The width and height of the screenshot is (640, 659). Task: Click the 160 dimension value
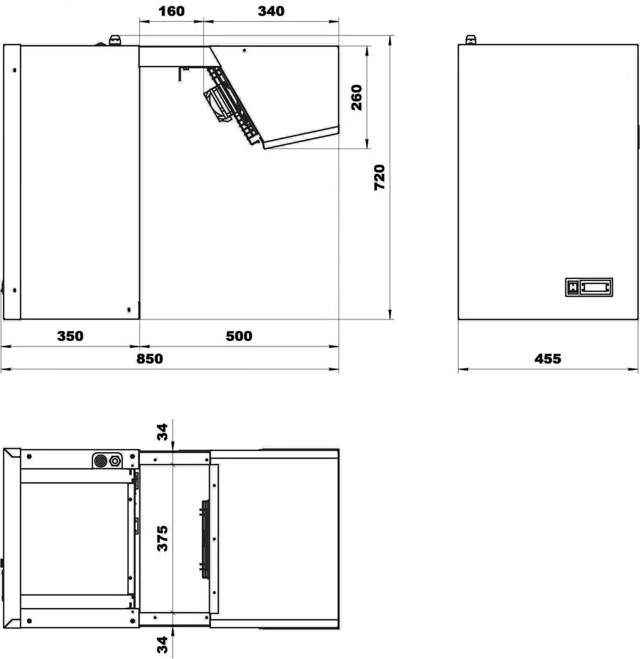coord(171,11)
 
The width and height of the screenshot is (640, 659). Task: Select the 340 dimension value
coord(271,11)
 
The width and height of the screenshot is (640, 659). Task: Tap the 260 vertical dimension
coord(356,97)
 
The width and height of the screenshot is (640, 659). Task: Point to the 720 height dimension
coord(379,178)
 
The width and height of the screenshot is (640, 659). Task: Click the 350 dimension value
coord(70,336)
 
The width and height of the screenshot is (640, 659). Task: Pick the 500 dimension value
coord(239,336)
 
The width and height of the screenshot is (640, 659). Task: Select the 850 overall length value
coord(149,359)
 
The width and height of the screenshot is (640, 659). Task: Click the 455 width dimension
coord(548,359)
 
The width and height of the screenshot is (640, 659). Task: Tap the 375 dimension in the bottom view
coord(162,538)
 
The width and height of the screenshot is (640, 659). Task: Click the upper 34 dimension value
coord(162,432)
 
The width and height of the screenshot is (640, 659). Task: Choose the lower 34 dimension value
coord(162,645)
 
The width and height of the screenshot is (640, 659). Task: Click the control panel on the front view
coord(589,287)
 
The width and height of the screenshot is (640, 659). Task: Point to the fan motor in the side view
coord(218,105)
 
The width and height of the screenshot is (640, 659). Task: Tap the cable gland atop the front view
coord(471,40)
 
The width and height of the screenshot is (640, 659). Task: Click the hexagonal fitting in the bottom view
coord(115,461)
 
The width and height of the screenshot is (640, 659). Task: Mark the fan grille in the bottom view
coord(205,540)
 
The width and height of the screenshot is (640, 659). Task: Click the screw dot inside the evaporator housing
coord(245,50)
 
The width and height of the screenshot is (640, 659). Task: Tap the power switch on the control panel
coord(572,287)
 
